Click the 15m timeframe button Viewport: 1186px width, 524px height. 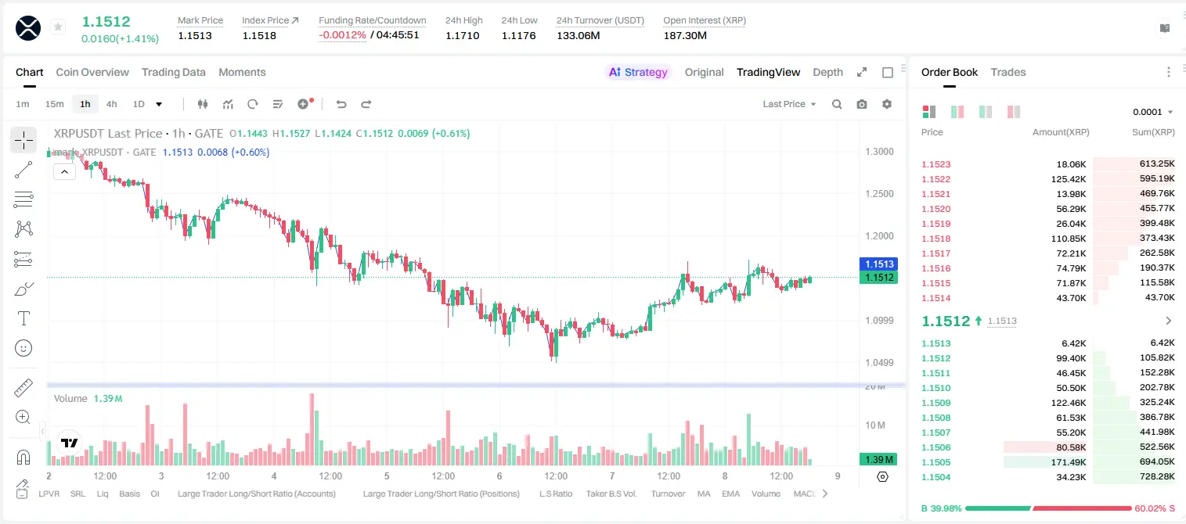pyautogui.click(x=55, y=104)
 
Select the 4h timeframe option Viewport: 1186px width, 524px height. pyautogui.click(x=111, y=104)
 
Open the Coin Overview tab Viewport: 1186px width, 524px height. pyautogui.click(x=92, y=72)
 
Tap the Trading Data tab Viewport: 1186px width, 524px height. pyautogui.click(x=173, y=72)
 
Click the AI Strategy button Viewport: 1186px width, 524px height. pyautogui.click(x=638, y=72)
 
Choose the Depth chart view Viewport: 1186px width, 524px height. pyautogui.click(x=827, y=72)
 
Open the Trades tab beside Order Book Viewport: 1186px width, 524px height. pyautogui.click(x=1008, y=72)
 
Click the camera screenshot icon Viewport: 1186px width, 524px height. pyautogui.click(x=862, y=104)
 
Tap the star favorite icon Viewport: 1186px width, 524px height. pyautogui.click(x=58, y=27)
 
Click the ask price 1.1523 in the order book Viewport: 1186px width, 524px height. pyautogui.click(x=936, y=164)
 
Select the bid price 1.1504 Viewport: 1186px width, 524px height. pyautogui.click(x=936, y=477)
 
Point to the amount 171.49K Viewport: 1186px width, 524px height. pyautogui.click(x=1069, y=462)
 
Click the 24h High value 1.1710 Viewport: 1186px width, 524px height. pyautogui.click(x=462, y=35)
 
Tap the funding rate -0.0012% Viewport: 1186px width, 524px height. pyautogui.click(x=343, y=35)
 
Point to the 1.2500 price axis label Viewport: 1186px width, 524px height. pyautogui.click(x=879, y=193)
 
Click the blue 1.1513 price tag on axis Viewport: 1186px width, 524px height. pyautogui.click(x=879, y=264)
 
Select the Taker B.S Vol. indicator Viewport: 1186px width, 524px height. pyautogui.click(x=611, y=493)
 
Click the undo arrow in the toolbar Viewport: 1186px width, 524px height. pyautogui.click(x=341, y=104)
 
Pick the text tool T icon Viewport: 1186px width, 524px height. pyautogui.click(x=23, y=318)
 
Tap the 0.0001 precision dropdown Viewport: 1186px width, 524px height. pyautogui.click(x=1152, y=112)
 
